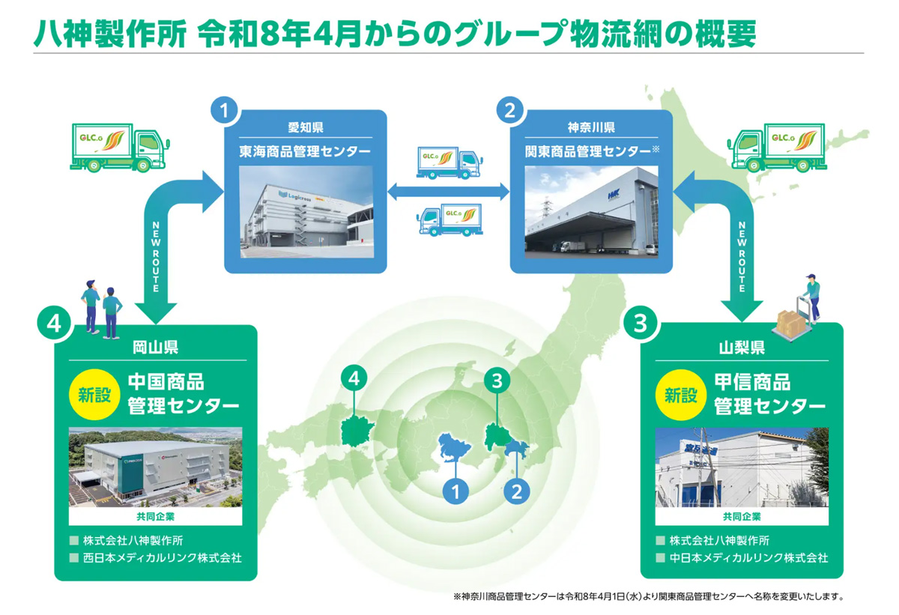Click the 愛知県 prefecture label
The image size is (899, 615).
[306, 127]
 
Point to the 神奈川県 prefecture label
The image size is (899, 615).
[591, 127]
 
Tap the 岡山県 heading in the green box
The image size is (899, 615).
[155, 347]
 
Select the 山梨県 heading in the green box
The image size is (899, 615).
[741, 347]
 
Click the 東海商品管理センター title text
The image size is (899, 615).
[306, 151]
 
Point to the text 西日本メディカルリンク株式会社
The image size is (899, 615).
[162, 558]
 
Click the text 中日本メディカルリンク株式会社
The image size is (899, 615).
[748, 558]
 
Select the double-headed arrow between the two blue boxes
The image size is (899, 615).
[448, 190]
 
